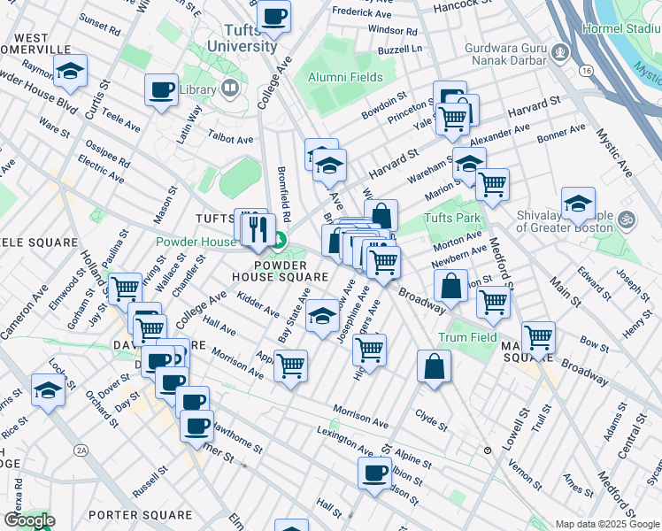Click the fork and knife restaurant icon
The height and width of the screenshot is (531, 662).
258,230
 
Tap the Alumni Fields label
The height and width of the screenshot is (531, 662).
345,78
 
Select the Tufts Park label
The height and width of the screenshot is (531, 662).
451,219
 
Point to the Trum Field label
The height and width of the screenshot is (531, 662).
467,337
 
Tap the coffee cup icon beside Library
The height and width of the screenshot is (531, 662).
162,89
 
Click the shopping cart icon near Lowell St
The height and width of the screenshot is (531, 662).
538,337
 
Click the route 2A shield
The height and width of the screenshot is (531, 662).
82,450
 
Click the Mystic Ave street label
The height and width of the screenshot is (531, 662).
614,152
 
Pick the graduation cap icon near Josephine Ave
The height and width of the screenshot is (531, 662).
323,314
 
